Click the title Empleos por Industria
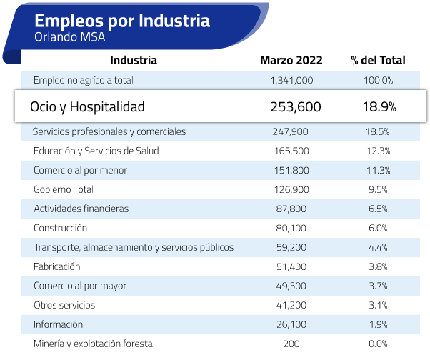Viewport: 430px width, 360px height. tap(122, 20)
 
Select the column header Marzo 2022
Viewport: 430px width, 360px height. tap(291, 61)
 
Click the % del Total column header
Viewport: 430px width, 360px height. tap(378, 61)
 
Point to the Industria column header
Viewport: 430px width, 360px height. tap(134, 61)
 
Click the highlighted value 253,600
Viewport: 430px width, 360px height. tap(296, 107)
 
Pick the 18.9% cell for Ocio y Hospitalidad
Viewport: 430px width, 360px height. tap(379, 107)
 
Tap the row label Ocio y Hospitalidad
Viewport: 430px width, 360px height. tap(87, 107)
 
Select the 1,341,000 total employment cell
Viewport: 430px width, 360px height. tap(292, 80)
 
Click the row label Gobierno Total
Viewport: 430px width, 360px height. tap(64, 189)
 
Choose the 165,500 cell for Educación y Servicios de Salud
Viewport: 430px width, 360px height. tap(291, 151)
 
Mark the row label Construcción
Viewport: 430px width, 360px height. tap(60, 228)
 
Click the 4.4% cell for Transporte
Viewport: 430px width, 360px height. tap(379, 247)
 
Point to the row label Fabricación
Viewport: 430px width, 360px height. tap(56, 266)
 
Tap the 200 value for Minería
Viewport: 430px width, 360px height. tap(291, 344)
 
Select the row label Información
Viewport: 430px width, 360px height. tap(58, 324)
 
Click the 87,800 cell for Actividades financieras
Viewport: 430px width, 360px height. tap(291, 209)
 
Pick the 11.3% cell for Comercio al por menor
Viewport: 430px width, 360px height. tap(379, 170)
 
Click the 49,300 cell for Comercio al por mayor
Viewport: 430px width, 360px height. tap(291, 286)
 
